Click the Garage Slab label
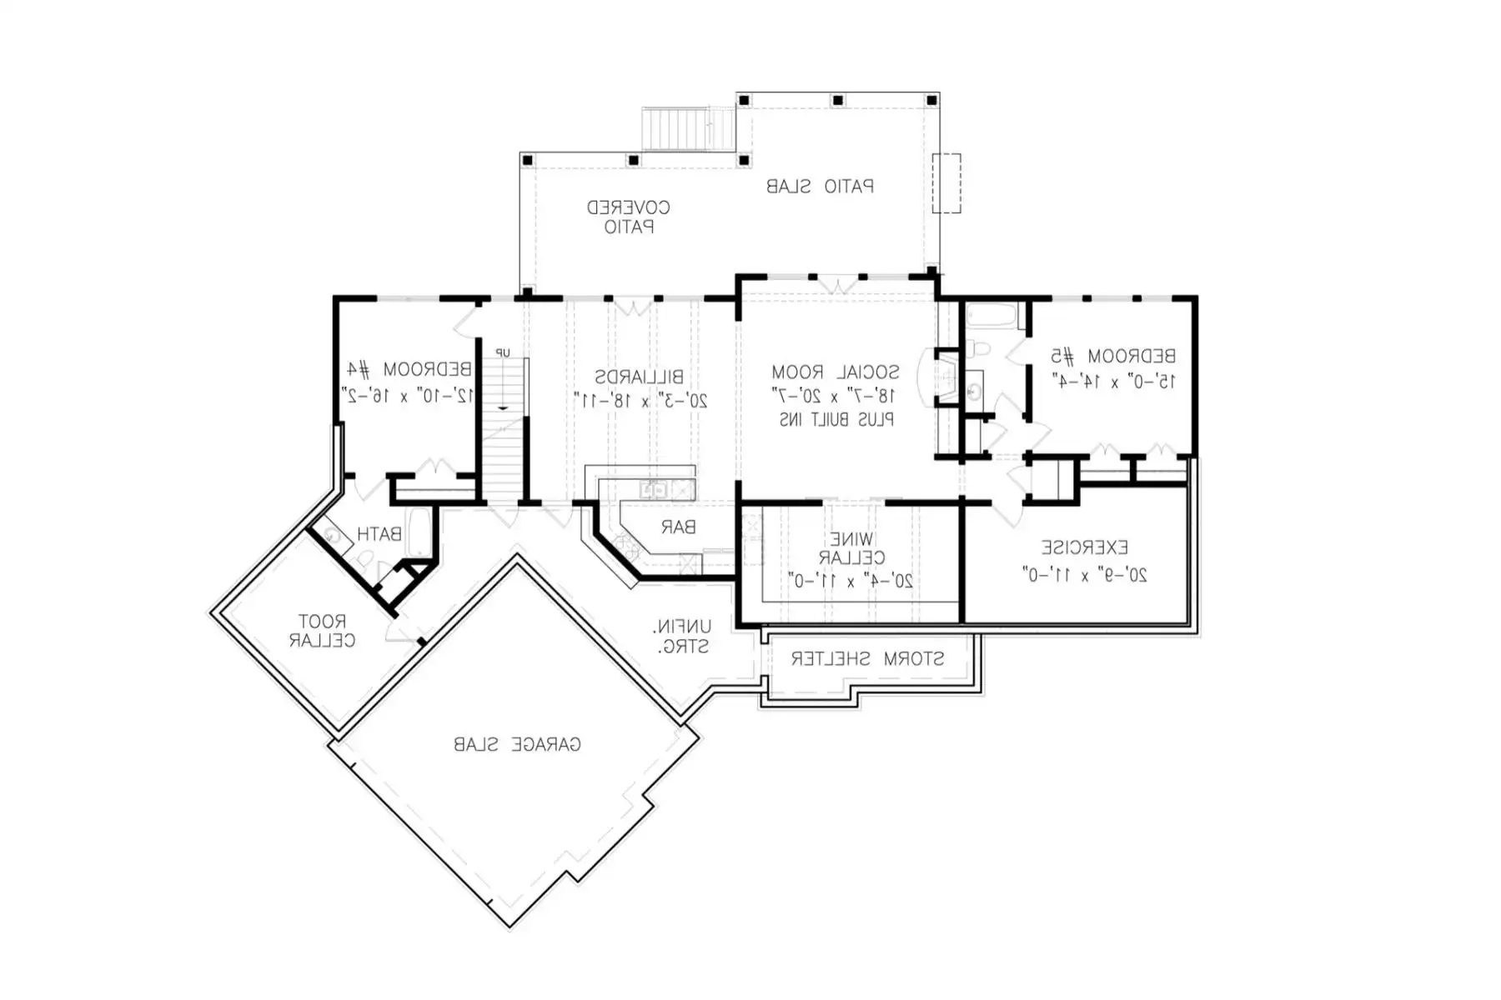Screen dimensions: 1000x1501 pyautogui.click(x=517, y=744)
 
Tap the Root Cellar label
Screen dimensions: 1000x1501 pyautogui.click(x=322, y=631)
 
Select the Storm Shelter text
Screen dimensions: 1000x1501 pyautogui.click(x=867, y=659)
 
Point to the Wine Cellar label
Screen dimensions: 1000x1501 pyautogui.click(x=851, y=548)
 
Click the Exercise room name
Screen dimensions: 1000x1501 pyautogui.click(x=1084, y=547)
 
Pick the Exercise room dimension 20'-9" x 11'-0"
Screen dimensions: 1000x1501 pyautogui.click(x=1084, y=575)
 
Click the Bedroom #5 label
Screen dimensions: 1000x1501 pyautogui.click(x=1112, y=357)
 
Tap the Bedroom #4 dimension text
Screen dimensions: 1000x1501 pyautogui.click(x=407, y=396)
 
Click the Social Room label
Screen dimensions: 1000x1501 pyautogui.click(x=835, y=372)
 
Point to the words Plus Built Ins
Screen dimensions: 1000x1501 pyautogui.click(x=836, y=420)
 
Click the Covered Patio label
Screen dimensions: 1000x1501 pyautogui.click(x=628, y=217)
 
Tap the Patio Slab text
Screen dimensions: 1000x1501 pyautogui.click(x=820, y=187)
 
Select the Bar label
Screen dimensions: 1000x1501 pyautogui.click(x=678, y=527)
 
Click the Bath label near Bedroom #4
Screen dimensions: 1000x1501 pyautogui.click(x=379, y=534)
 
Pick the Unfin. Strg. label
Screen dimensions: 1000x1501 pyautogui.click(x=682, y=636)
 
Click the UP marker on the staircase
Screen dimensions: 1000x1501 pyautogui.click(x=503, y=353)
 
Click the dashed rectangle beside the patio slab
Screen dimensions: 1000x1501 pyautogui.click(x=946, y=183)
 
